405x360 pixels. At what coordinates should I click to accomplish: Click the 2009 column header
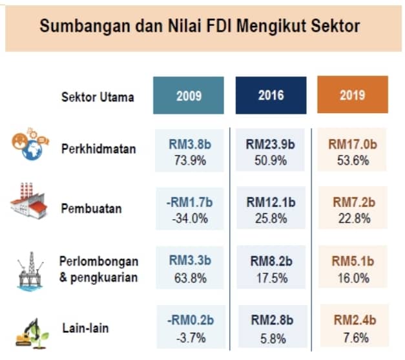(189, 96)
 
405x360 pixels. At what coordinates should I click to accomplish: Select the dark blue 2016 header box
(271, 96)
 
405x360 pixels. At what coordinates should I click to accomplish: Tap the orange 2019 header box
(353, 94)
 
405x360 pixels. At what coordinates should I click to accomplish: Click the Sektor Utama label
(98, 97)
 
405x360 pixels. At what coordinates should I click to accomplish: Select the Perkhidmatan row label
(99, 149)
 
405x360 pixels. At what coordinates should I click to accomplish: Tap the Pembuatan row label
(92, 208)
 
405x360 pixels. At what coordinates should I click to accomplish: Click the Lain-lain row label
(85, 328)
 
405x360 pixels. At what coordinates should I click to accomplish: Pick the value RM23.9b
(270, 144)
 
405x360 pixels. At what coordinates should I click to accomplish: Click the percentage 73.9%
(190, 160)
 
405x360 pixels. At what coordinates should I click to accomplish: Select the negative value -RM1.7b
(189, 202)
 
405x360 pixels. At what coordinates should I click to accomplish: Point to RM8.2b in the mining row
(271, 261)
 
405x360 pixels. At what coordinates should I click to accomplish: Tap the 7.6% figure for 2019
(356, 337)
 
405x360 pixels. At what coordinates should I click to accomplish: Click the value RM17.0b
(353, 144)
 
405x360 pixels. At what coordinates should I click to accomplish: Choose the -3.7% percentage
(191, 338)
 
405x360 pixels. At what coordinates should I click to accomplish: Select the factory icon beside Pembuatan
(29, 201)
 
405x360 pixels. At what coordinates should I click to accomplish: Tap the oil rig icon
(30, 271)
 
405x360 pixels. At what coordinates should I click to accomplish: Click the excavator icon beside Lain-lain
(32, 333)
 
